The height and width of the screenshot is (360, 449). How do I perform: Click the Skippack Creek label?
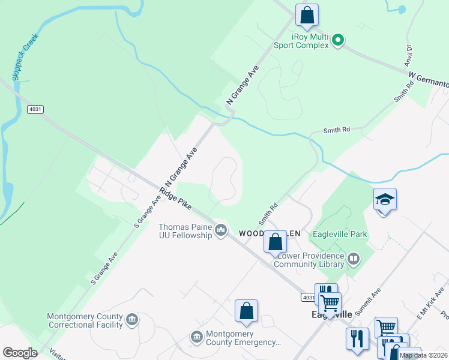[25, 57]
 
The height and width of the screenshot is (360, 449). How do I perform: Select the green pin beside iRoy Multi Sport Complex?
[338, 41]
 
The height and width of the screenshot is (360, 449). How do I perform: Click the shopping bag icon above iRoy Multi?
[307, 14]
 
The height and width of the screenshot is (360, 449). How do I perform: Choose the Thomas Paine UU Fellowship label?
[185, 231]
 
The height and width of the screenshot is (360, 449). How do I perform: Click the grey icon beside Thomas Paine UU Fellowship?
[221, 230]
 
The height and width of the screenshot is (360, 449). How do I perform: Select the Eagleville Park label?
[340, 234]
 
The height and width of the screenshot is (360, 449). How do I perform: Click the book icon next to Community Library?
[354, 259]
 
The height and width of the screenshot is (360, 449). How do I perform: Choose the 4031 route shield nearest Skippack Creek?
[35, 109]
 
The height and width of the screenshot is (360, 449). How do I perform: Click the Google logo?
[20, 352]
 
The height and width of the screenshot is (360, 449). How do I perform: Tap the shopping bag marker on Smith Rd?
[275, 242]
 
